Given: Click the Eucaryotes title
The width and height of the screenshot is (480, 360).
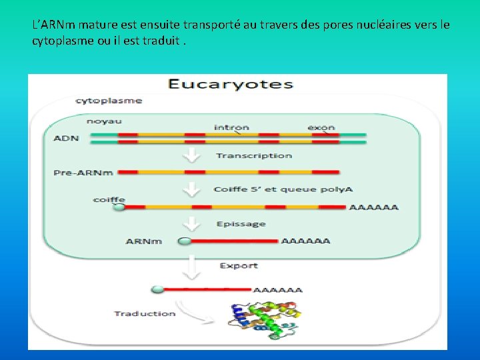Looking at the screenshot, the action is pyautogui.click(x=230, y=85).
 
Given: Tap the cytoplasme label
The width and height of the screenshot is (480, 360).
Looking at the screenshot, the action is pyautogui.click(x=109, y=101).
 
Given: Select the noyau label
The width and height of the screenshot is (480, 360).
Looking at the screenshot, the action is pyautogui.click(x=104, y=121).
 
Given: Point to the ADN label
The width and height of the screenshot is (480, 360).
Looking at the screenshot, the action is pyautogui.click(x=66, y=139).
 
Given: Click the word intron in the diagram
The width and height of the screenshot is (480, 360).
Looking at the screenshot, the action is pyautogui.click(x=231, y=127).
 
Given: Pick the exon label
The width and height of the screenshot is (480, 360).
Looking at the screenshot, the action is pyautogui.click(x=321, y=127).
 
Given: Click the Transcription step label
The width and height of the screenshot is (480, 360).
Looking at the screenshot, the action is pyautogui.click(x=253, y=156).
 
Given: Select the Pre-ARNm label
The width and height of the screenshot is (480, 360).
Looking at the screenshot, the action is pyautogui.click(x=83, y=173).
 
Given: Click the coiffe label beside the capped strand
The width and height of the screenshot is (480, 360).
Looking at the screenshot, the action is pyautogui.click(x=109, y=199).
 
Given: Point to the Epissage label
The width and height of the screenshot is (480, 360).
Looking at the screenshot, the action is pyautogui.click(x=241, y=225).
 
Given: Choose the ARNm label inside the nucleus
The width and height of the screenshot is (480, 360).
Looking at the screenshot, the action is pyautogui.click(x=143, y=241).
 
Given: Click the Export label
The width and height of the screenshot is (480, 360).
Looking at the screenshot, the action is pyautogui.click(x=239, y=266).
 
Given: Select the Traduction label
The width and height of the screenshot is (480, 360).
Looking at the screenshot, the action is pyautogui.click(x=145, y=313).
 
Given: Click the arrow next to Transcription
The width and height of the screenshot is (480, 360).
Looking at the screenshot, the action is pyautogui.click(x=193, y=156).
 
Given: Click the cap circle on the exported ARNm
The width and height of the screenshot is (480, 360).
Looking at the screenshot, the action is pyautogui.click(x=157, y=290).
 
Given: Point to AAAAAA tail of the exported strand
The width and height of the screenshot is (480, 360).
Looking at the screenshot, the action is pyautogui.click(x=278, y=290).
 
